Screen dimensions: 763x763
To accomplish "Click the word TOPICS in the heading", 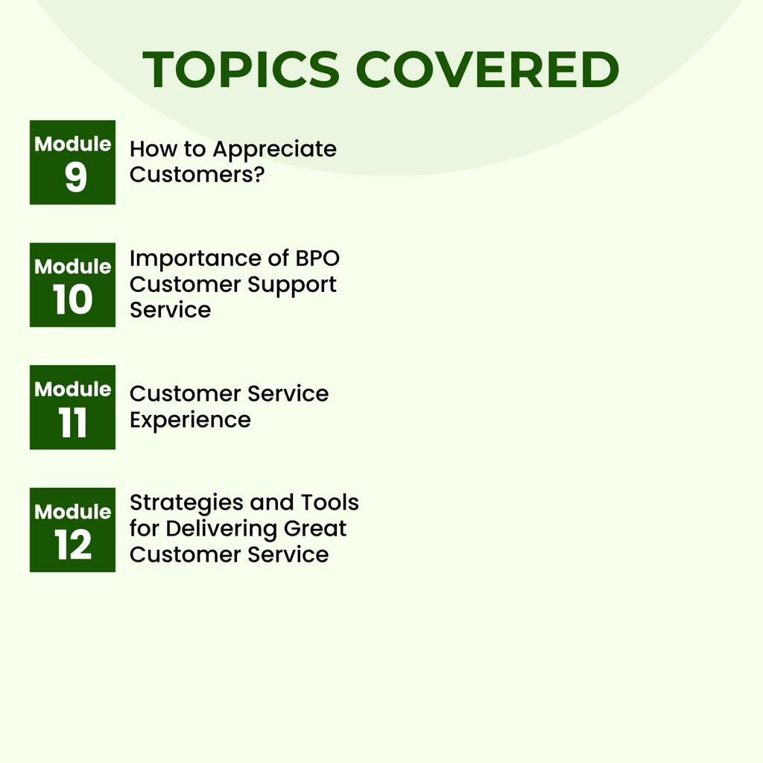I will click(x=241, y=70).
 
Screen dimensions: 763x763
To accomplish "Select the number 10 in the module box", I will click(x=73, y=301).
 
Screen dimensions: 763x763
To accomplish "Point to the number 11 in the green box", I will click(x=73, y=424).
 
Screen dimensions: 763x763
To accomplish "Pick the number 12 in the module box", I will click(x=73, y=546).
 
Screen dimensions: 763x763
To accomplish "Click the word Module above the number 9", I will click(x=73, y=144).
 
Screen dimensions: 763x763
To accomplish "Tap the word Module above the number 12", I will click(x=73, y=512).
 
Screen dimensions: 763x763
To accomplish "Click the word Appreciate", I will click(x=274, y=150).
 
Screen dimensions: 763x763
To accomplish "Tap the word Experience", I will click(x=190, y=420).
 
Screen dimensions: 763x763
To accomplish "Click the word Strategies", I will click(x=186, y=503).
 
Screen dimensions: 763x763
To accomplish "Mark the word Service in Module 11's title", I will click(x=288, y=393).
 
